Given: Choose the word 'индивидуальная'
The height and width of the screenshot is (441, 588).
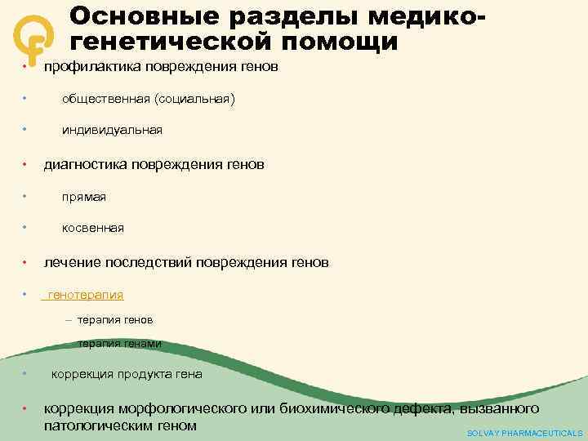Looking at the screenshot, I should [112, 130].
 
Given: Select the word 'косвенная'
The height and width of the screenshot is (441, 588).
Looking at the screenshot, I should [93, 228].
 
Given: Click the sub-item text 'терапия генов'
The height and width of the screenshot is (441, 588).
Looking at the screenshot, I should [115, 319].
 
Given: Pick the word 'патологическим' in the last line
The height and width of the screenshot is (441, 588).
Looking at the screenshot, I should [102, 425].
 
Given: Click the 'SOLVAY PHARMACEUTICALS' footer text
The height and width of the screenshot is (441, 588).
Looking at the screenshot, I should [524, 433].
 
